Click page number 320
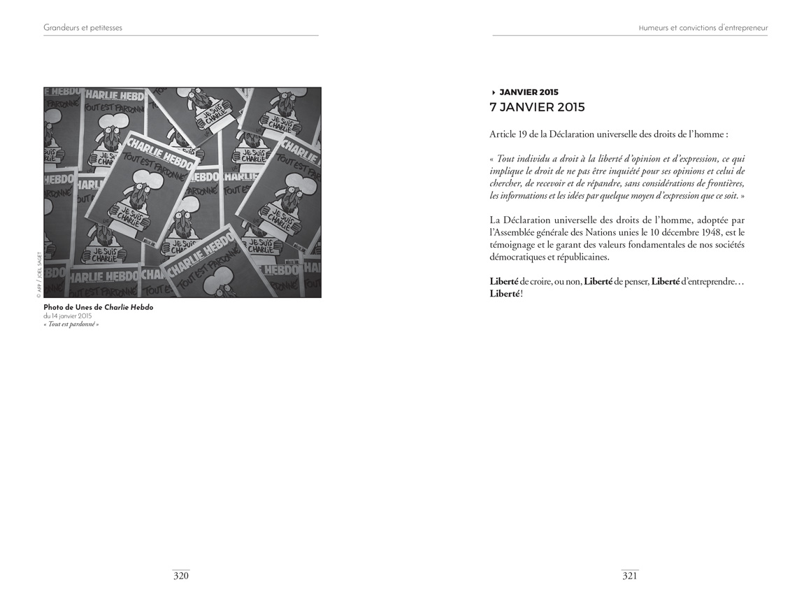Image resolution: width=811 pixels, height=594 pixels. pos(181,576)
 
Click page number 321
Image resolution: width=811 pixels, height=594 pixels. pos(630,576)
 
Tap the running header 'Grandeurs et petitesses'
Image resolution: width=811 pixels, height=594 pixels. pos(82,28)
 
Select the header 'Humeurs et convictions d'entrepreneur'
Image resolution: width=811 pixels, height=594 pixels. pos(703,28)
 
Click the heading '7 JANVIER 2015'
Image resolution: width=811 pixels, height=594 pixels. pos(537,107)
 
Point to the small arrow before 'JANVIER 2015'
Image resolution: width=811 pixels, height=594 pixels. pos(494,92)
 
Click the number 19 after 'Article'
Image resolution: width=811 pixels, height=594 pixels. pos(524,134)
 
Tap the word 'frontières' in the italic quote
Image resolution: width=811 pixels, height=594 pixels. pos(722,183)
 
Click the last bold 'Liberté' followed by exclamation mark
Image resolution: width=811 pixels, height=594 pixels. pos(505,293)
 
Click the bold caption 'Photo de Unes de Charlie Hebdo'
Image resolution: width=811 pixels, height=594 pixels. pos(98,307)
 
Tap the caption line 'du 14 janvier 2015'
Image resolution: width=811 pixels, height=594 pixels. pos(68,316)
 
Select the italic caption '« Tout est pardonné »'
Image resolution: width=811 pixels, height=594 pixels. pos(71,324)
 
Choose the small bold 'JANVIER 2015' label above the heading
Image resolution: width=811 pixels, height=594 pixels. pos(529,92)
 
